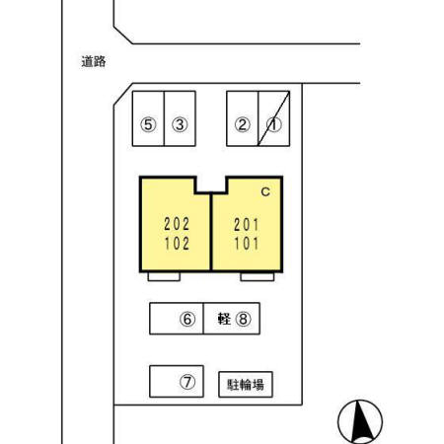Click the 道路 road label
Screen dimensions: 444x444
click(x=94, y=61)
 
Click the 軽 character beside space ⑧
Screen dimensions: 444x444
click(x=224, y=319)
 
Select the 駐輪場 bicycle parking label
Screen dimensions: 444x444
click(x=246, y=385)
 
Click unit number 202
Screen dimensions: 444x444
click(x=177, y=224)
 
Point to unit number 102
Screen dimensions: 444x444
click(x=177, y=244)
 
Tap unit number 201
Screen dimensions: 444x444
click(x=247, y=225)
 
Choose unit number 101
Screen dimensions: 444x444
click(x=247, y=244)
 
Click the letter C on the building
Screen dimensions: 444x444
click(x=265, y=191)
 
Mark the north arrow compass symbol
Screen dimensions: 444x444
click(x=360, y=422)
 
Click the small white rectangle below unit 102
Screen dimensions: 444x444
click(x=164, y=277)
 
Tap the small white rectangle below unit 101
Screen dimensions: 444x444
click(x=258, y=277)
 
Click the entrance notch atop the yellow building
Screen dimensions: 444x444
click(x=211, y=185)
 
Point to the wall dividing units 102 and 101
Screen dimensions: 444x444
click(x=211, y=232)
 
